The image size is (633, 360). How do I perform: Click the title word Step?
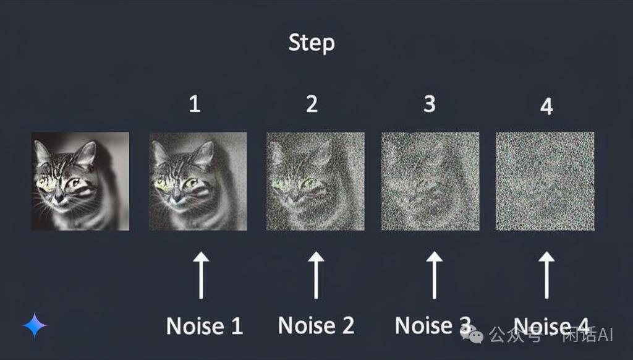[312, 43]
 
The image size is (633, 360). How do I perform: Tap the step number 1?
[195, 104]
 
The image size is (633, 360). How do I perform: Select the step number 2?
[312, 104]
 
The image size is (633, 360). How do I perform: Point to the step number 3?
[430, 104]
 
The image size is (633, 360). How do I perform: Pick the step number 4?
[546, 106]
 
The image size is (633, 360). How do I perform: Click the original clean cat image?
[80, 181]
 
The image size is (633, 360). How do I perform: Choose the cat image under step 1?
[198, 181]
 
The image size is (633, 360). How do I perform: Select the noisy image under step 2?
[315, 181]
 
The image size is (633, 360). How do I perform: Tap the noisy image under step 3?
[430, 181]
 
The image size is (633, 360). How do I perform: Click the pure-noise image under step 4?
[545, 181]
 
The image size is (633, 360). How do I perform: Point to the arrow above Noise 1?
[201, 275]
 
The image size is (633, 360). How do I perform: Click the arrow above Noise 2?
[316, 275]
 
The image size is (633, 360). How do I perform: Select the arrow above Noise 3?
[435, 275]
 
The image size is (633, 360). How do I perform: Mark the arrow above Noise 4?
[546, 275]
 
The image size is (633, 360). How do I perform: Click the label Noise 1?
[205, 325]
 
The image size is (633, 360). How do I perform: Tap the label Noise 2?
[316, 325]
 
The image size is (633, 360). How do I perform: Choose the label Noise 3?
[433, 325]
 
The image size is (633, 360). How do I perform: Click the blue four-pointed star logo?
[35, 325]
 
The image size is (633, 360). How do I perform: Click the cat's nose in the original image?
[59, 197]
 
